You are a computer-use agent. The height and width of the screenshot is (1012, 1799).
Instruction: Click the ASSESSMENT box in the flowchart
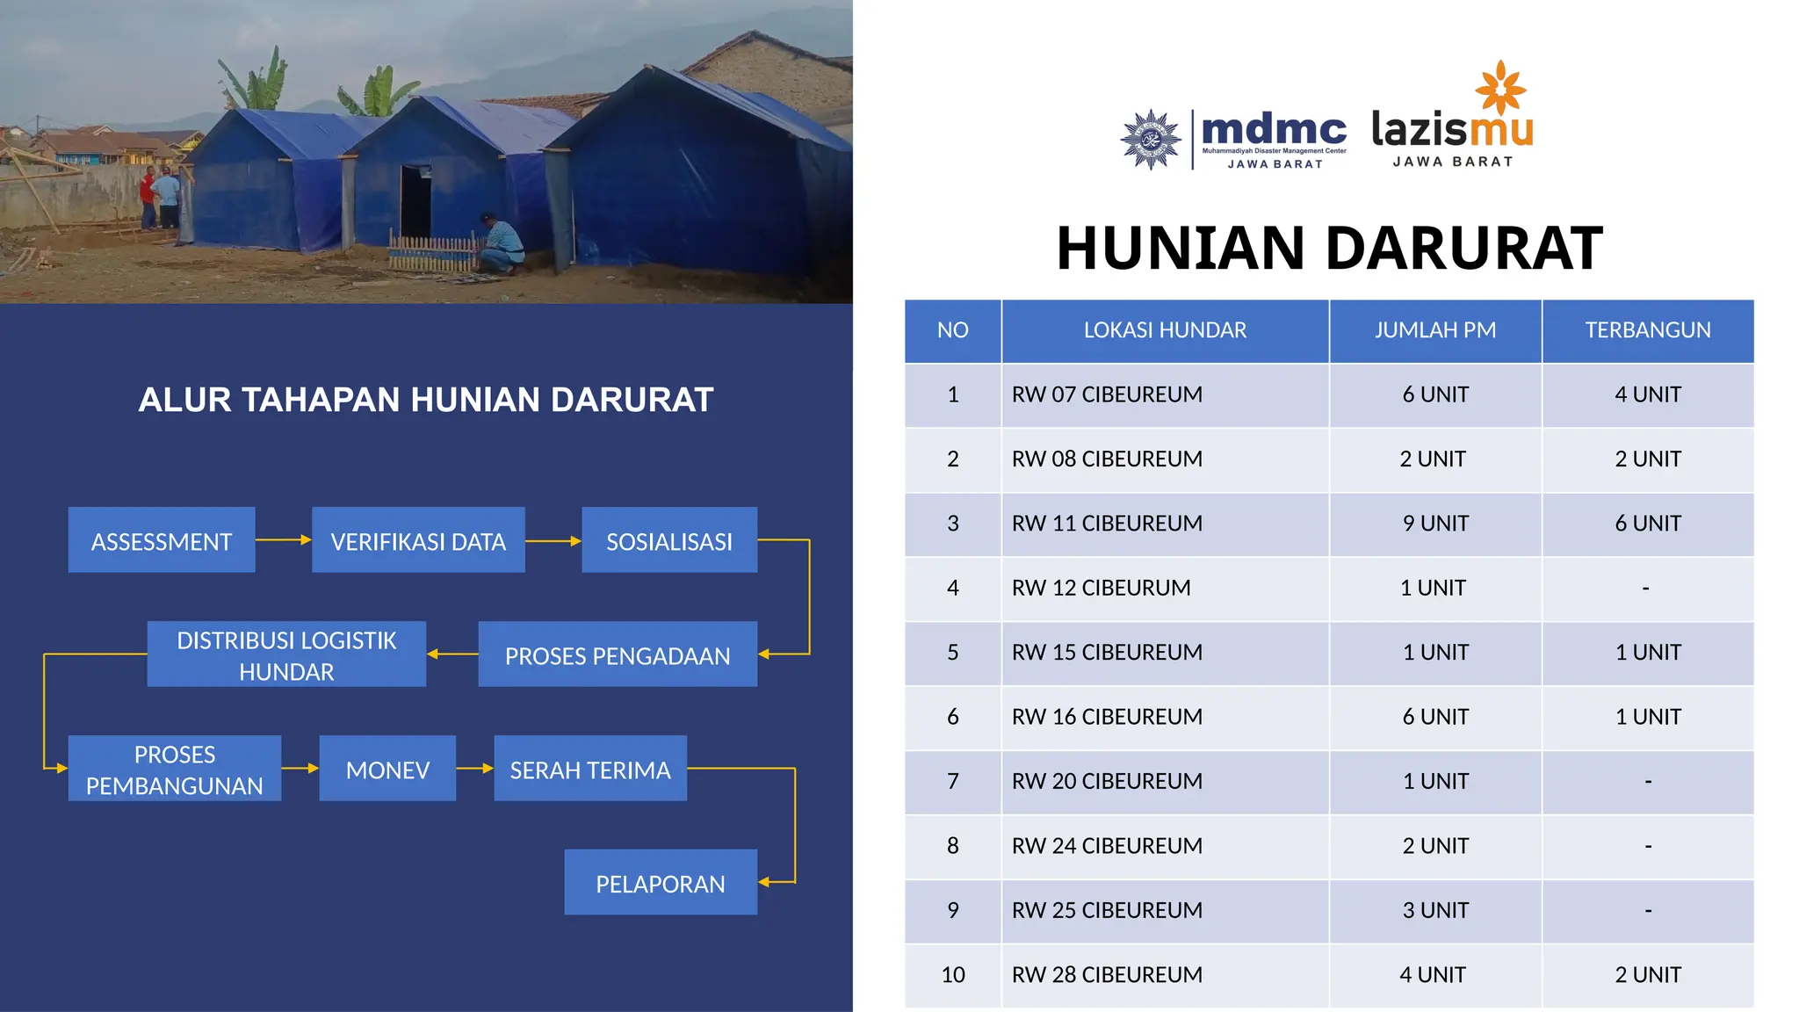click(x=162, y=540)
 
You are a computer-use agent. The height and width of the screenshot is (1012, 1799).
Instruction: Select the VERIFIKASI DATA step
click(x=418, y=540)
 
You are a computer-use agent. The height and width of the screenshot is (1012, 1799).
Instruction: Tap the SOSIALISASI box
click(x=669, y=540)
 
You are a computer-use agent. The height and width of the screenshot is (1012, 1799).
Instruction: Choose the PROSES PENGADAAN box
click(x=618, y=654)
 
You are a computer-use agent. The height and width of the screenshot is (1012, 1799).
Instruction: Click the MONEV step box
click(x=387, y=769)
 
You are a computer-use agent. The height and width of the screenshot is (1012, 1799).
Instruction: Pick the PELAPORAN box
click(x=661, y=882)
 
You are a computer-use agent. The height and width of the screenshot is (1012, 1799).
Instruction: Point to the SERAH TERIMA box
click(x=590, y=769)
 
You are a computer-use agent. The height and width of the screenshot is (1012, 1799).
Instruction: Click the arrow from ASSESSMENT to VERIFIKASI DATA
click(x=283, y=539)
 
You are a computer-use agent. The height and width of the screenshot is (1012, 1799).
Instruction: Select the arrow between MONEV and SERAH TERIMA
click(x=474, y=768)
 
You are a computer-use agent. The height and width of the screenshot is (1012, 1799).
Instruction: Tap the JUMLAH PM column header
click(x=1435, y=330)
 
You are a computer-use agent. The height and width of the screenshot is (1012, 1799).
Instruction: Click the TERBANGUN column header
click(x=1648, y=330)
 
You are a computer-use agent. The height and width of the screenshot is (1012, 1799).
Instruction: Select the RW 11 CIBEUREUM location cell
click(x=1107, y=524)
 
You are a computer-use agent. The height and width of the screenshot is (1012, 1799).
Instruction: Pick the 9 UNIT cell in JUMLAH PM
click(x=1435, y=524)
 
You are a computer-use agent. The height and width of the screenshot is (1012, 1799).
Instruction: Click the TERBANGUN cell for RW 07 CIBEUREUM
click(x=1648, y=394)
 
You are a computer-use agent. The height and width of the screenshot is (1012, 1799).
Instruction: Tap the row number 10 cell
click(x=953, y=975)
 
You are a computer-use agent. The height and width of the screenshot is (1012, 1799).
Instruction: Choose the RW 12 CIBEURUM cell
click(x=1102, y=588)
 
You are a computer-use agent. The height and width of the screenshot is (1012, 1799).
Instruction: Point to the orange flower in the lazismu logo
click(x=1501, y=88)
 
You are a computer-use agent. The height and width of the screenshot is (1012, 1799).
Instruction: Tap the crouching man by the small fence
click(x=501, y=244)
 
